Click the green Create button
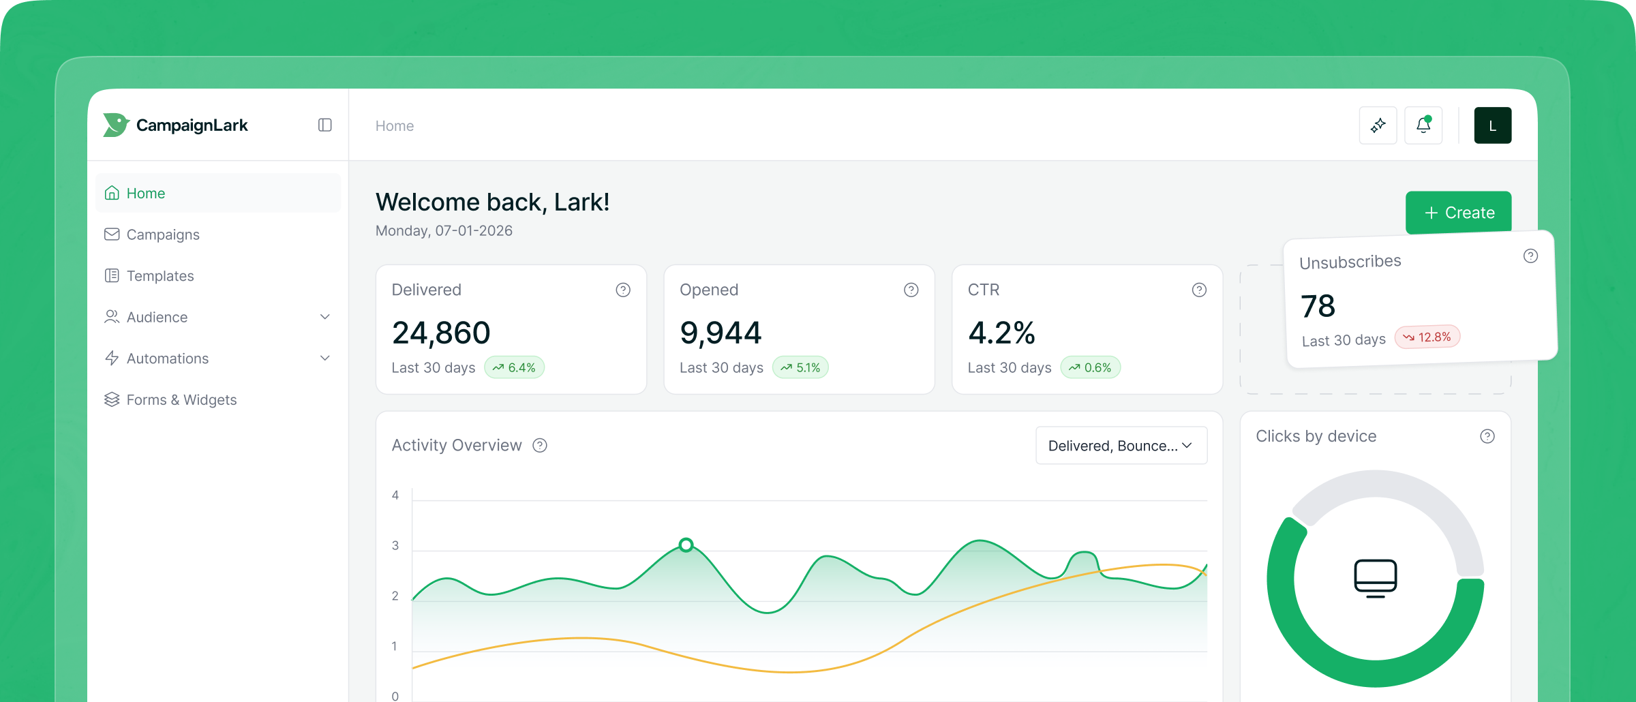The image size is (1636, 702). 1458,213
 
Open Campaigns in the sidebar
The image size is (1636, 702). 162,234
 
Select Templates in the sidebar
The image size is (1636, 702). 160,276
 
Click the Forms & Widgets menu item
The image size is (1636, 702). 181,400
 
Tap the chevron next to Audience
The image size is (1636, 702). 325,317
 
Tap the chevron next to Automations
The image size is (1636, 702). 325,358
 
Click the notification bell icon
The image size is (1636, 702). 1423,125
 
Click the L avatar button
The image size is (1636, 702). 1492,125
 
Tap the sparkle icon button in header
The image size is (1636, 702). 1378,125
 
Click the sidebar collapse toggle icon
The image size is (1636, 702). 325,125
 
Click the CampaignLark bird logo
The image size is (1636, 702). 116,125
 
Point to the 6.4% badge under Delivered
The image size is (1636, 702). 515,367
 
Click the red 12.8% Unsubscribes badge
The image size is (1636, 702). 1427,337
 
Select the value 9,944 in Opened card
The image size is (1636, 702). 721,333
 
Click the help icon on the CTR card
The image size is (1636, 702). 1199,290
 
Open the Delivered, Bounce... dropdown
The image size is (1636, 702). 1121,446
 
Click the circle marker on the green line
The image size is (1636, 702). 686,545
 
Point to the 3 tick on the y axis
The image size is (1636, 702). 395,545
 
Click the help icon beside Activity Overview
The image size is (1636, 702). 540,446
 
